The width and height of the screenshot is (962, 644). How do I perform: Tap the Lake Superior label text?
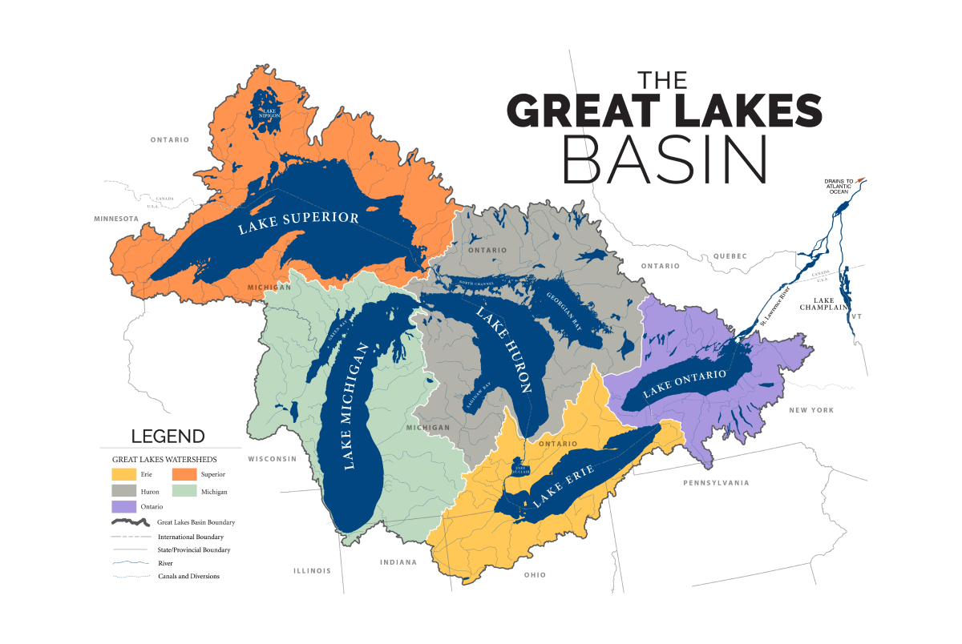(298, 223)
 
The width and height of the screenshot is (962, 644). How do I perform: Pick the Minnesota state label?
(116, 219)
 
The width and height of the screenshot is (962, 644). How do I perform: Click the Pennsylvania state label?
(716, 483)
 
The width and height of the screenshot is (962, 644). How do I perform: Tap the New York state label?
(810, 410)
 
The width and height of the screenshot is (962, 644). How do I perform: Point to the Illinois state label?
(312, 571)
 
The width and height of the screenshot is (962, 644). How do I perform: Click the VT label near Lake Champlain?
(856, 316)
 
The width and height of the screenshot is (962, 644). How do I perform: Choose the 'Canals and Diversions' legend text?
(188, 576)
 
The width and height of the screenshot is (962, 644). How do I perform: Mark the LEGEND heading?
(168, 437)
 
